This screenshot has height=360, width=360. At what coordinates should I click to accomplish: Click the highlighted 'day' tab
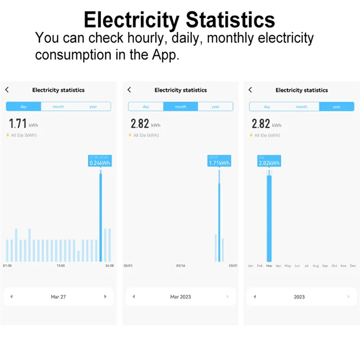[23, 107]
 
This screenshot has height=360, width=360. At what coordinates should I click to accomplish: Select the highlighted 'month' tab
[180, 107]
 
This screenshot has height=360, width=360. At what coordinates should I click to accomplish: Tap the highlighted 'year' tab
[337, 107]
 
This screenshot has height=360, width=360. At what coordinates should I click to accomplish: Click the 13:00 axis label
[60, 266]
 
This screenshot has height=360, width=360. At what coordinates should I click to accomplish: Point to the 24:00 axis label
[109, 266]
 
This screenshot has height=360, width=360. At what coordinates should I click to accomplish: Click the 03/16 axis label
[180, 266]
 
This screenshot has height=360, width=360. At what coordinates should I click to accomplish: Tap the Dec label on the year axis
[353, 266]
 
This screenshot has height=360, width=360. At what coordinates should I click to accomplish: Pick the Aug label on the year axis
[315, 266]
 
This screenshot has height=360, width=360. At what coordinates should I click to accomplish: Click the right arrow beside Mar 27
[105, 297]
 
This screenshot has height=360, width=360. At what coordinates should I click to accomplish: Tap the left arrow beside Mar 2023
[133, 297]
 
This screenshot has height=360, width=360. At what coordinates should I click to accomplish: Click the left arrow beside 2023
[255, 297]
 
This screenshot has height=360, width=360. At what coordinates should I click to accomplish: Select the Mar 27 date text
[58, 297]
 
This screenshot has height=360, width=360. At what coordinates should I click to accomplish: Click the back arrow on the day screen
[7, 90]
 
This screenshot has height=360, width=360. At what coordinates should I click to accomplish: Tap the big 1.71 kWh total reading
[18, 124]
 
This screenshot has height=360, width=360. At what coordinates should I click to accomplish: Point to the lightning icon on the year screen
[252, 135]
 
